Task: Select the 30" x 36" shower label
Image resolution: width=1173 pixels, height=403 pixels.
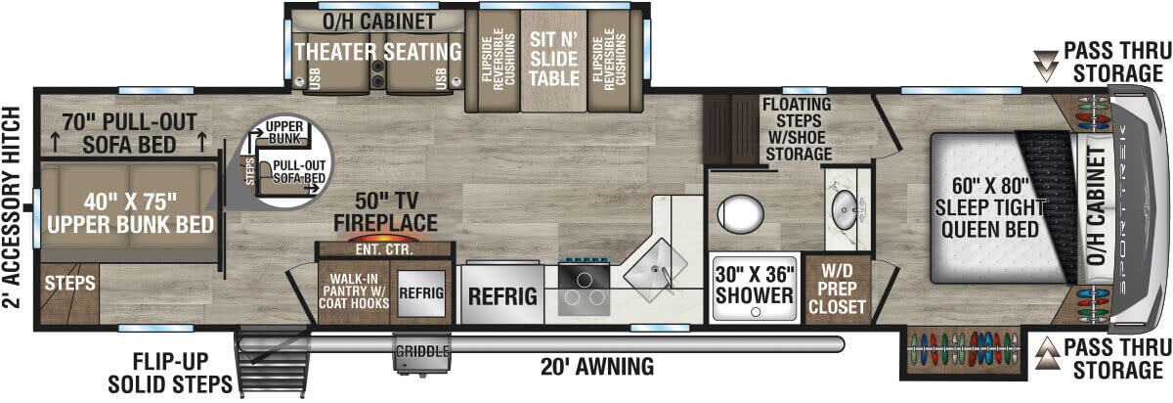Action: [754, 284]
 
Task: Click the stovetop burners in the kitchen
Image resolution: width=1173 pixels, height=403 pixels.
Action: [585, 291]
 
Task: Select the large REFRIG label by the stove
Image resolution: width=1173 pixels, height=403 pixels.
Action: [503, 295]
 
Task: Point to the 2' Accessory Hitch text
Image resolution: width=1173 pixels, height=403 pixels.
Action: [14, 205]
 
